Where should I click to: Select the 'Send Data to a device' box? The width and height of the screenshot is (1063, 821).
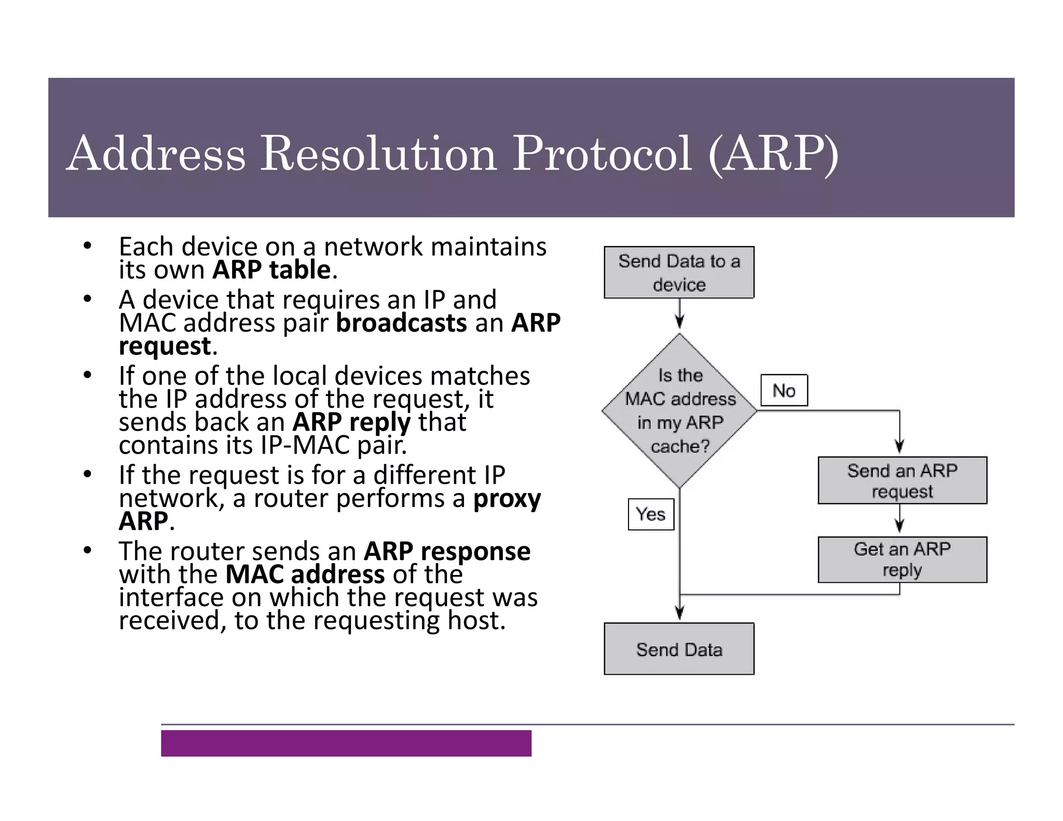(679, 272)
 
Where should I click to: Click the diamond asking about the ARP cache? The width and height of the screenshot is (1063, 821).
(679, 410)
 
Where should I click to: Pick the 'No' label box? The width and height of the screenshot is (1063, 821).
(784, 390)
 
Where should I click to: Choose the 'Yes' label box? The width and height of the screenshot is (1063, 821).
(651, 514)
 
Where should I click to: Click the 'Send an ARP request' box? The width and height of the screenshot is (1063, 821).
(902, 481)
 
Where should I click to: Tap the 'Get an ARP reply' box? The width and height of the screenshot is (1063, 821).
(902, 559)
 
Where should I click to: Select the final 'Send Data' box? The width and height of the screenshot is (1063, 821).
(679, 649)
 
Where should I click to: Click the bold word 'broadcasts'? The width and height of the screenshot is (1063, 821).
(401, 323)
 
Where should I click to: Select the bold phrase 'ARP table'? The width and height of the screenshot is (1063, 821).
(271, 270)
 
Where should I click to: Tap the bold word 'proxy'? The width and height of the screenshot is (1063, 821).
(507, 499)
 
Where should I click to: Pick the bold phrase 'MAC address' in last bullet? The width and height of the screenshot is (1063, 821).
(305, 574)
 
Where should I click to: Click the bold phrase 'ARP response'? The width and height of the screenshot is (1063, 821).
(447, 551)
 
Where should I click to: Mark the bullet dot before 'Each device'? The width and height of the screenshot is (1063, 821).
(87, 245)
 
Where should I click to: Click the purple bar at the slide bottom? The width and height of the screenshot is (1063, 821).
(346, 743)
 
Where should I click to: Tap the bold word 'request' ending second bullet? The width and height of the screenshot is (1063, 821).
(165, 346)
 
